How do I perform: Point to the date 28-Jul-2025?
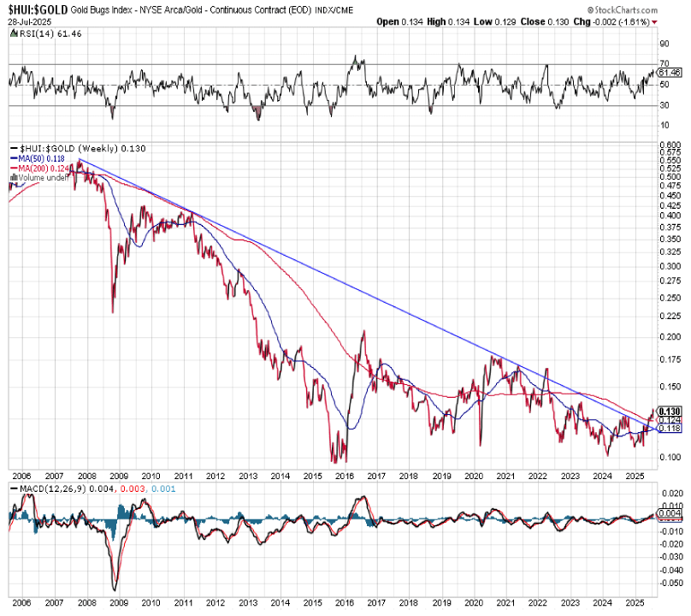coord(30,21)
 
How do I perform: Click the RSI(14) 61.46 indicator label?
coord(38,33)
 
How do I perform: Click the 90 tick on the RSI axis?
coord(664,43)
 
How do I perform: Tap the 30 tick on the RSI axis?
coord(664,105)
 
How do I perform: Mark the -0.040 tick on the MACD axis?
coord(673,568)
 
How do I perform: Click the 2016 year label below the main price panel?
coord(345,475)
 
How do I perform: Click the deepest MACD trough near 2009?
coord(115,589)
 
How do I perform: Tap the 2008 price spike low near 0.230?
coord(113,312)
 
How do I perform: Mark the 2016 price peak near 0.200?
coord(363,331)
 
